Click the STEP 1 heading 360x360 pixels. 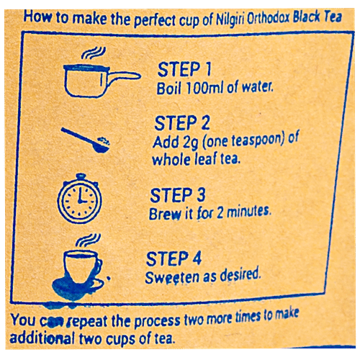184,71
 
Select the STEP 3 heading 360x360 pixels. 179,195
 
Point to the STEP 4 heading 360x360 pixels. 175,258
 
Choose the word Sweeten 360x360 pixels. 170,276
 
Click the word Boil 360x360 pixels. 170,89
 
